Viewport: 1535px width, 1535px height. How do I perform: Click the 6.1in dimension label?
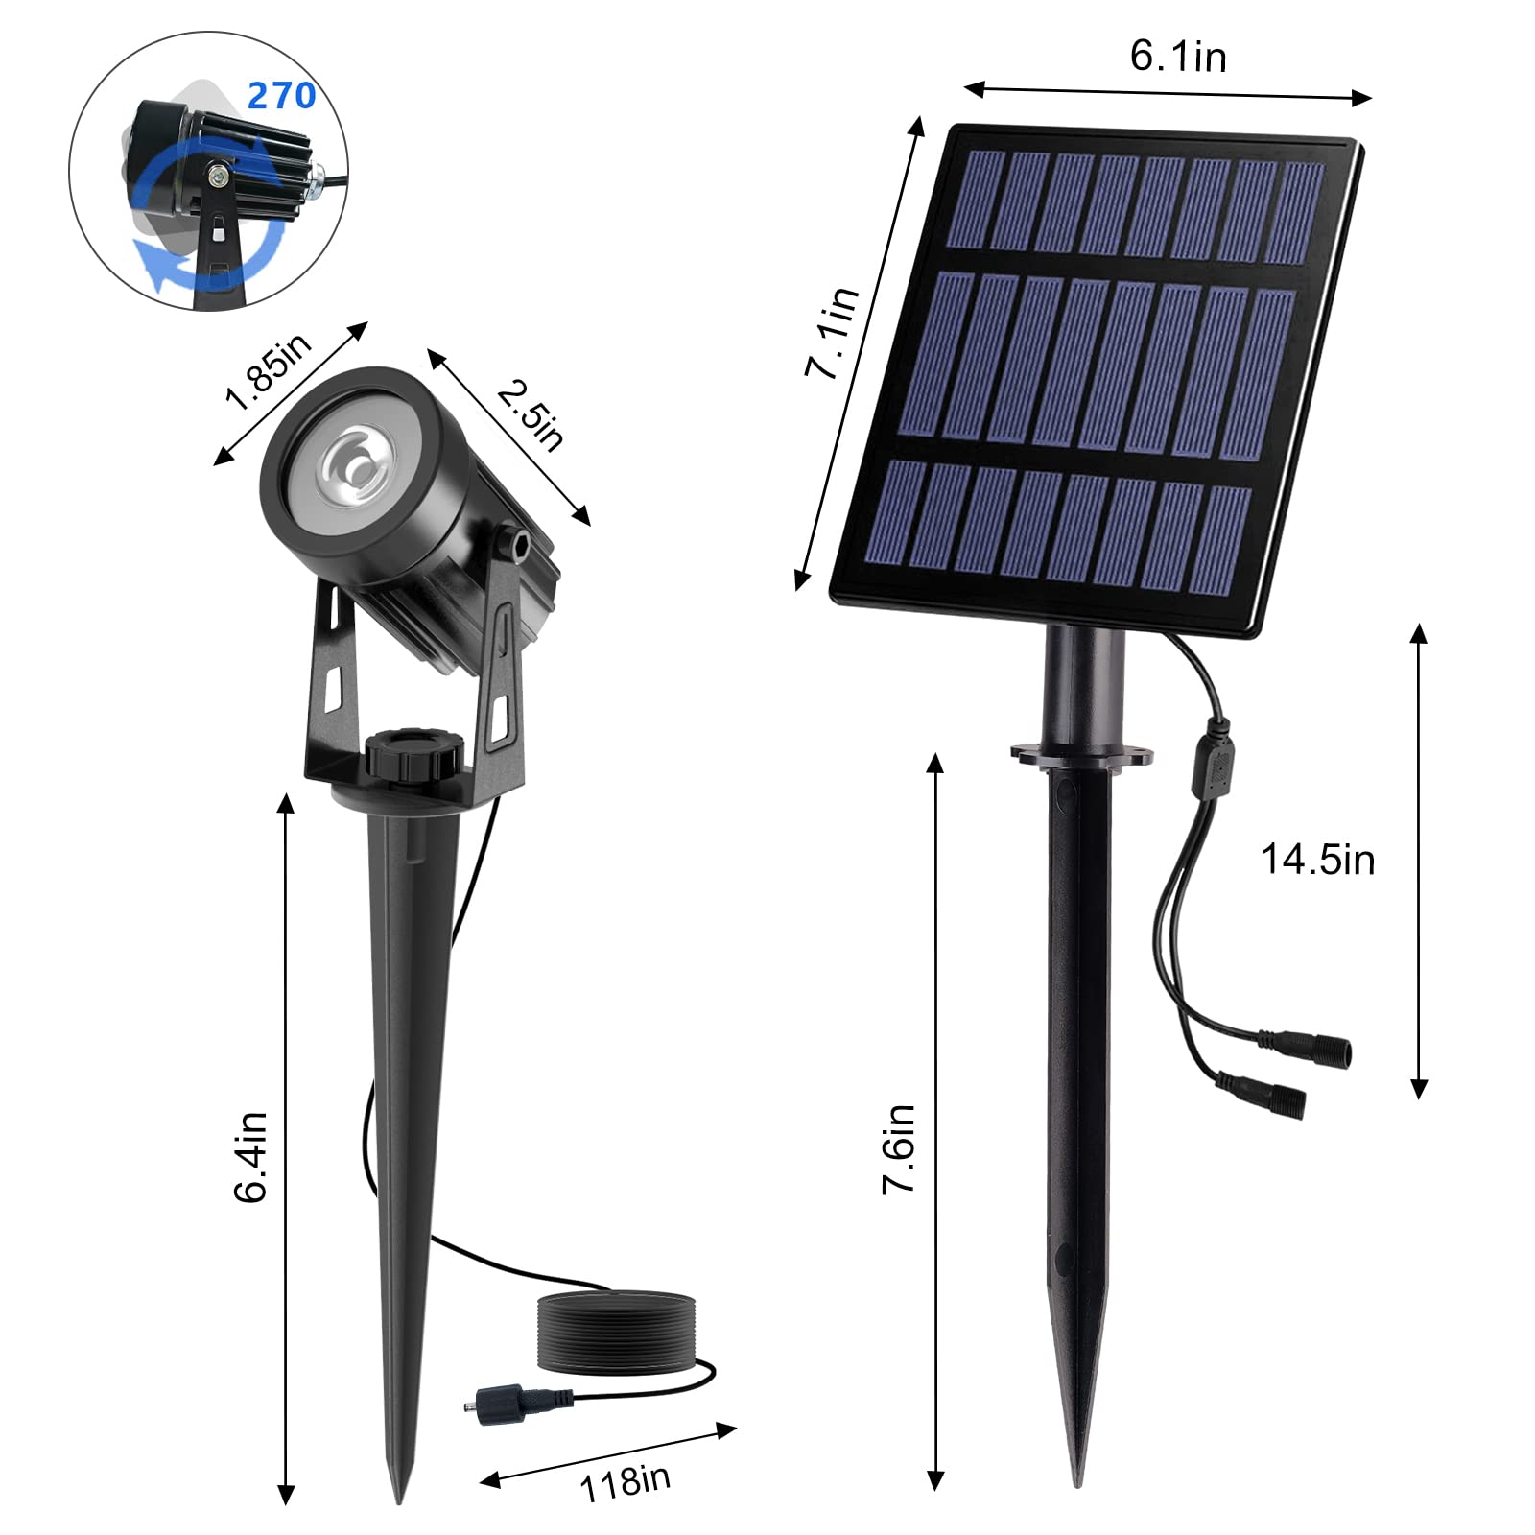point(1178,57)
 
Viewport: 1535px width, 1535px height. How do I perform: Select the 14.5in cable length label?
point(1317,860)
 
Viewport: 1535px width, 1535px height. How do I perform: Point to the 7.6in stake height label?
point(899,1148)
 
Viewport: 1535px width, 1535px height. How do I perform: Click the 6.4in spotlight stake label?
point(250,1157)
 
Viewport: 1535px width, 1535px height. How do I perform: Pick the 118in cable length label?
point(625,1482)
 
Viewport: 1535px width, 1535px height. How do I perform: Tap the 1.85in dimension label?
point(269,371)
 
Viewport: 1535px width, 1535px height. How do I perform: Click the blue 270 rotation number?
point(282,96)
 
